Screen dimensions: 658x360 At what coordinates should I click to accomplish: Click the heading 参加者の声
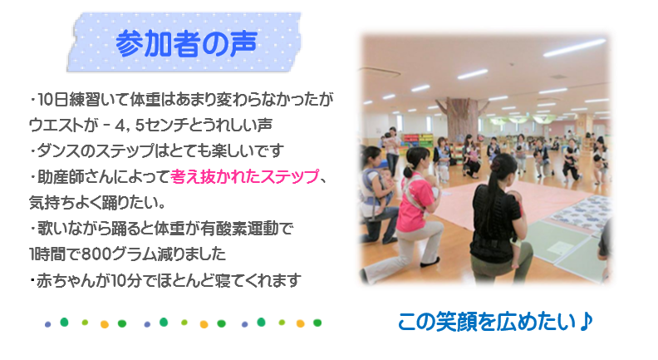[x=186, y=43]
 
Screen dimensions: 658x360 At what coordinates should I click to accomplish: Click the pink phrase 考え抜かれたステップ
[x=244, y=177]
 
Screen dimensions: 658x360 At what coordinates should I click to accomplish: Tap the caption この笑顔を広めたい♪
[x=495, y=322]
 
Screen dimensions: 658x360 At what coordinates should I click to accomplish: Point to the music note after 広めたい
[x=586, y=322]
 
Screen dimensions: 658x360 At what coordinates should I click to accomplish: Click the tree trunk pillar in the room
[x=463, y=118]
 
